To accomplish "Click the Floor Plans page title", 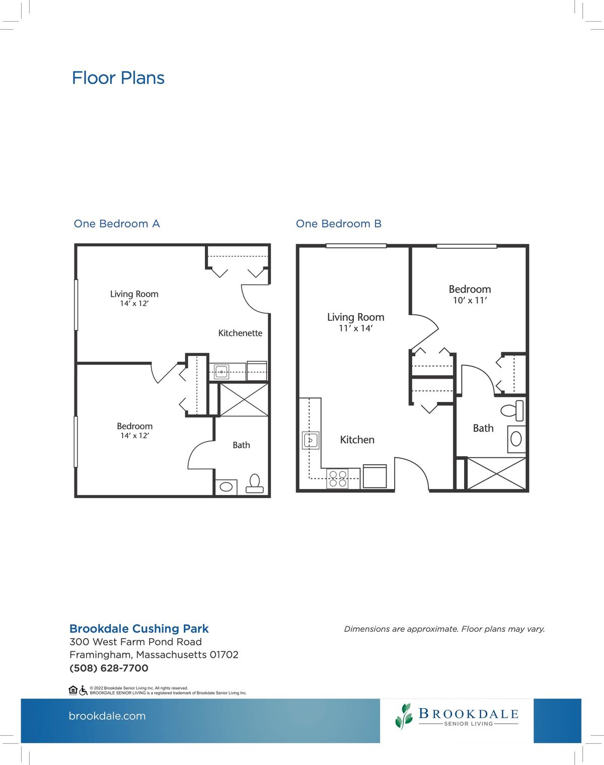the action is coord(118,78).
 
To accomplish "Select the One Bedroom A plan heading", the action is coord(117,224).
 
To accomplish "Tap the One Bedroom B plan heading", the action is coord(339,224).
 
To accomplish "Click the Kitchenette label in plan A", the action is coord(240,333).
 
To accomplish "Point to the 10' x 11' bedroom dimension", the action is coord(470,300).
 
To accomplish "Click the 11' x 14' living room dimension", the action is coord(356,328).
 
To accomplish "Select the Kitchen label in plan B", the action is coord(357,440).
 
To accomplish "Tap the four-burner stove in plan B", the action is coord(338,478).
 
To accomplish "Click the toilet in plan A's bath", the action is coord(255,484).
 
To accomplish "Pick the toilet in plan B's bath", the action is coord(512,410).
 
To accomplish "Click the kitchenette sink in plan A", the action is coord(221,372).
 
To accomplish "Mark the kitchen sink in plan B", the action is coord(311,441).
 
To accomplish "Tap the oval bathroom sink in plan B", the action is coord(516,439).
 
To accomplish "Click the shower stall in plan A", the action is coord(244,400).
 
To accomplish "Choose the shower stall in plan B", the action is coord(496,474).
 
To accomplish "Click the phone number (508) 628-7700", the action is coord(109,668).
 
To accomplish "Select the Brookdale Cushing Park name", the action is coord(139,629).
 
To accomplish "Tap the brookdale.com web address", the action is coord(107,716).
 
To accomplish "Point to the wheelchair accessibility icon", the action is coord(83,690).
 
